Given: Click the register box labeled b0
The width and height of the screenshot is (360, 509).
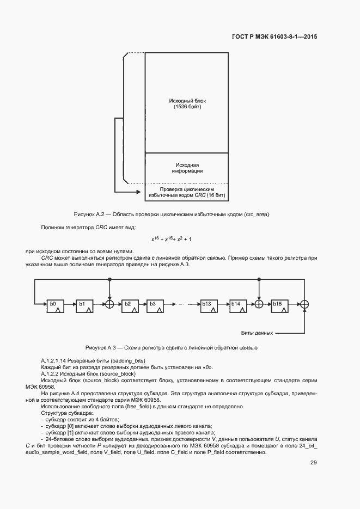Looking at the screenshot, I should pyautogui.click(x=54, y=304).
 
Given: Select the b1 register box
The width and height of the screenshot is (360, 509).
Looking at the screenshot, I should pyautogui.click(x=83, y=304).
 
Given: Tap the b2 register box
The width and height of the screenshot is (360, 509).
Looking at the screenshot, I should pyautogui.click(x=129, y=304).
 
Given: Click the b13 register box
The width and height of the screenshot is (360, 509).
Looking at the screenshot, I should pyautogui.click(x=208, y=304).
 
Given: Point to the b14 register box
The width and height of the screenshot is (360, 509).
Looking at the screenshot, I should pyautogui.click(x=237, y=304).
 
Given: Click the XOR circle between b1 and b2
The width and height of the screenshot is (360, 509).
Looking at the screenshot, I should pyautogui.click(x=109, y=304).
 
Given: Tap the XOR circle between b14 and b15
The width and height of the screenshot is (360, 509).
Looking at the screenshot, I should pyautogui.click(x=260, y=304).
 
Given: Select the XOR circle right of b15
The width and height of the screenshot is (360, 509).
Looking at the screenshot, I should pyautogui.click(x=306, y=304).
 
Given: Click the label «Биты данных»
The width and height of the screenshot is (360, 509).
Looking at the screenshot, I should pyautogui.click(x=257, y=332).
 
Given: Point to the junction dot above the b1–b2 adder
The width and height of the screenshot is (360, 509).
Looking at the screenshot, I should pyautogui.click(x=109, y=279).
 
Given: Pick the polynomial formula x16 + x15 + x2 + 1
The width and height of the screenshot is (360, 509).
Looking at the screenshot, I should pyautogui.click(x=171, y=239).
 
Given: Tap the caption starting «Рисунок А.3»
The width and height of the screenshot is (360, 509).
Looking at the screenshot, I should pyautogui.click(x=171, y=347).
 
